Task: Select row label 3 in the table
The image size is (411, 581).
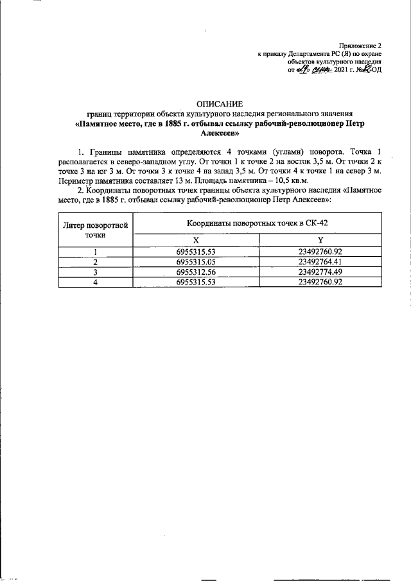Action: pos(95,272)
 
